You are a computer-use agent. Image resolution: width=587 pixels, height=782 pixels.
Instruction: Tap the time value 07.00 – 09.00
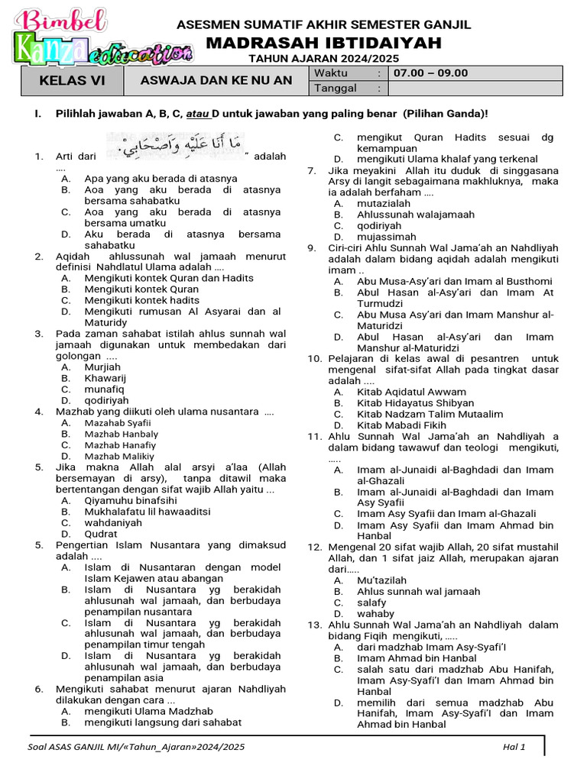tap(430, 73)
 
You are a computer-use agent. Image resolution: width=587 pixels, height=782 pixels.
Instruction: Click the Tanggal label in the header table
tap(336, 88)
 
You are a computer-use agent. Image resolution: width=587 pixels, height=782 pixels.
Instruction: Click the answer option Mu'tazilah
tap(381, 580)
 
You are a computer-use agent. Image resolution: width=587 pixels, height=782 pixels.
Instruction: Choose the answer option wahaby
tap(375, 613)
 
